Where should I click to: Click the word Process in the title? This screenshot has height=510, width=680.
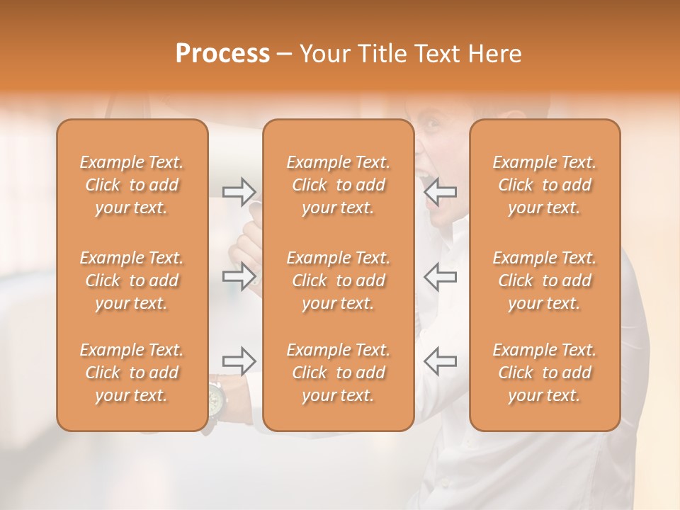222,54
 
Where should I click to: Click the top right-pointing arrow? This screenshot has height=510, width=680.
239,191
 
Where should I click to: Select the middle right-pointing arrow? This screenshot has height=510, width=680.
239,276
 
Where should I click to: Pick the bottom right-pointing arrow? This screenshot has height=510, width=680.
239,361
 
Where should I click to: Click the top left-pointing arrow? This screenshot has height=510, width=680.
441,191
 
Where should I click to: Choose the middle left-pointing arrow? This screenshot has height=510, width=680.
441,276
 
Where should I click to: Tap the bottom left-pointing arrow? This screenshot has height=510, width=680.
441,361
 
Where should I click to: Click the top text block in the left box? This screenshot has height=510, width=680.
132,185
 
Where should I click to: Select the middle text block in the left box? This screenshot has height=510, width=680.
132,280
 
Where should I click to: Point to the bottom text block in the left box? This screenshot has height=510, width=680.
132,373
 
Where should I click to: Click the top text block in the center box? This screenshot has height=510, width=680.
339,185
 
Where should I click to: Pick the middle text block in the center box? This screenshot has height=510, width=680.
339,280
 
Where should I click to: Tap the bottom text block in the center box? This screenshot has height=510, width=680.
339,373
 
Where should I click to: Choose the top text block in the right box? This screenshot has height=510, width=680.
545,185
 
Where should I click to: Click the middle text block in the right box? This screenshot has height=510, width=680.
545,280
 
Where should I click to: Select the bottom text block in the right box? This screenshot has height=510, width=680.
545,373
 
